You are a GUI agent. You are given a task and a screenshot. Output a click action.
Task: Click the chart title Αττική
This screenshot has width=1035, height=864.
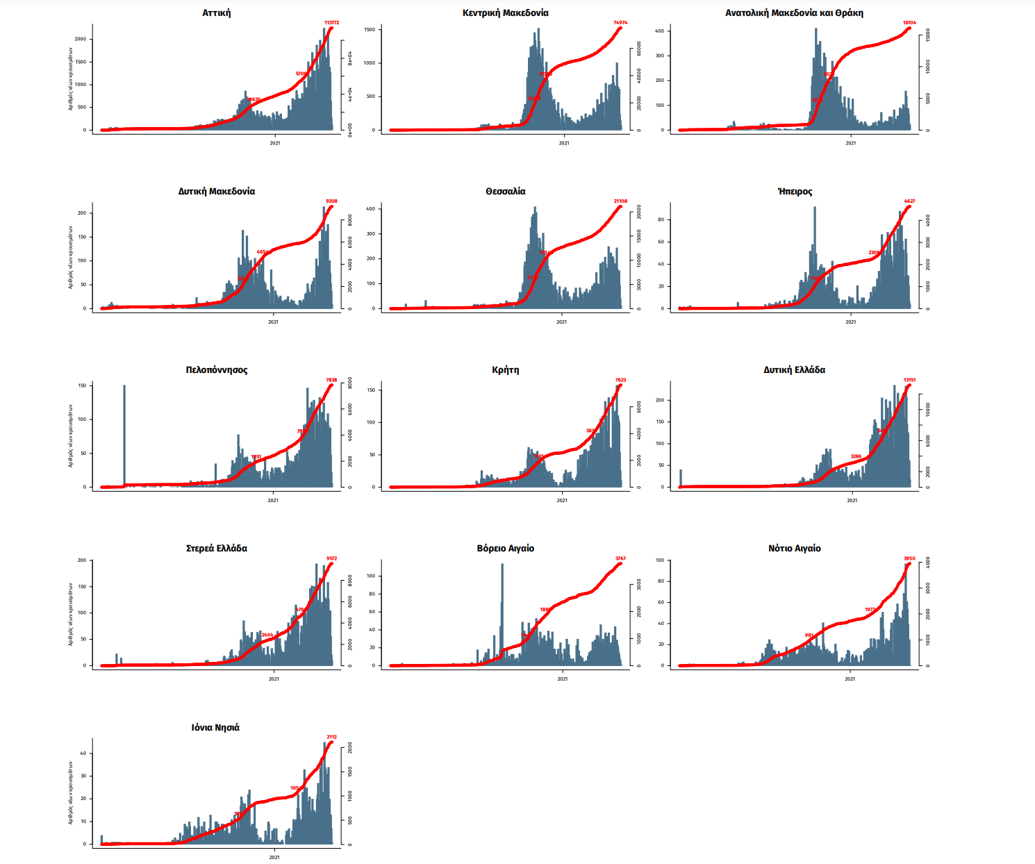click(217, 13)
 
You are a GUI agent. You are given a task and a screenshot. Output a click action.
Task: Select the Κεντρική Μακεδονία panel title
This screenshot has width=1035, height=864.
click(505, 13)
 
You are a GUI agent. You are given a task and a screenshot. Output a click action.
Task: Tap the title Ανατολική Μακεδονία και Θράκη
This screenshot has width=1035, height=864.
click(794, 13)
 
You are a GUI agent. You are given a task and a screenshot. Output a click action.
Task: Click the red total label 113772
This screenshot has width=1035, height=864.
click(331, 23)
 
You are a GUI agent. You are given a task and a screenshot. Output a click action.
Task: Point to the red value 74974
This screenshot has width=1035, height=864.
click(620, 23)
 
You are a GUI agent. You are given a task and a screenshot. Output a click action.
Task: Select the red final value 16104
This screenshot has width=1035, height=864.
click(909, 23)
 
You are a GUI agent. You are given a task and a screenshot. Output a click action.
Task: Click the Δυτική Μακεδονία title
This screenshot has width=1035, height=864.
click(217, 192)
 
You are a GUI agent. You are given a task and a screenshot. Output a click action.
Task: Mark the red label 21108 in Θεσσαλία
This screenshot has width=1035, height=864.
click(620, 201)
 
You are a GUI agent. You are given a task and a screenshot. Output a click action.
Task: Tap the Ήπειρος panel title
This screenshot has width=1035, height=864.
click(795, 192)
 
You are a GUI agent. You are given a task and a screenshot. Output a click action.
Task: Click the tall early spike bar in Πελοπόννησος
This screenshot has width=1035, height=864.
click(124, 434)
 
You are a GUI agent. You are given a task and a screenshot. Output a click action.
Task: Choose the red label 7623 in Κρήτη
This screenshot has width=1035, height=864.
click(620, 380)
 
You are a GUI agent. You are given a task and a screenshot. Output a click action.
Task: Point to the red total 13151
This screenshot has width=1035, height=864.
click(909, 380)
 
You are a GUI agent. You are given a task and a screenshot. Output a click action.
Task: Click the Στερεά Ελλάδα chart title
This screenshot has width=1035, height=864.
click(217, 549)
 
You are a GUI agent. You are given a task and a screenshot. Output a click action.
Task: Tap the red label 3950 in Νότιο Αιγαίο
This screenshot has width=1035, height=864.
click(909, 558)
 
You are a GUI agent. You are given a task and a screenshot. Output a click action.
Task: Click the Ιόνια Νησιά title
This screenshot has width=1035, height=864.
click(215, 728)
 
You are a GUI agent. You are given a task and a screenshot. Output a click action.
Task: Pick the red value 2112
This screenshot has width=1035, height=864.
click(331, 737)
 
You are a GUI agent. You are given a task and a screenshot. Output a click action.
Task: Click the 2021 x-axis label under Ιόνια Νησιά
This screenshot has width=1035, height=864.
click(274, 857)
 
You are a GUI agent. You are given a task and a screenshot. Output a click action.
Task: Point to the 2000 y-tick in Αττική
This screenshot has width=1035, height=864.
click(81, 39)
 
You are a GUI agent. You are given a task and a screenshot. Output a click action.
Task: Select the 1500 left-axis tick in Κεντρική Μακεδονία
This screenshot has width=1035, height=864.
click(370, 30)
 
